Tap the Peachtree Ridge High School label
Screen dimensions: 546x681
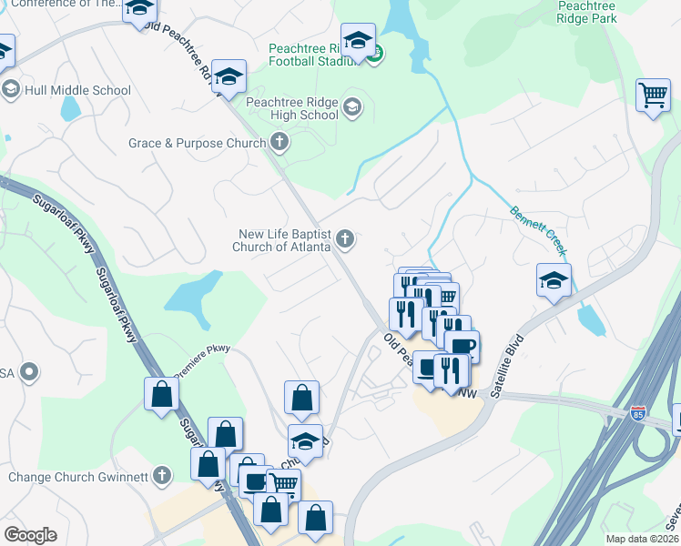coord(292,108)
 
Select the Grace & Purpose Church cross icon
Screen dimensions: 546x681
coord(280,143)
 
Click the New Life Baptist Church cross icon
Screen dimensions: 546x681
coord(344,239)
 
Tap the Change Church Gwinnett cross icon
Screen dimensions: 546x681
coord(162,475)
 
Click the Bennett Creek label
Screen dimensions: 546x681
coord(539,230)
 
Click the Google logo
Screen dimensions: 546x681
coord(30,534)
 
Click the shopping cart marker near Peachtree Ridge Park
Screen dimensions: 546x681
coord(653,94)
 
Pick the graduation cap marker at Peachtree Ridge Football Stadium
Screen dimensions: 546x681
coord(359,41)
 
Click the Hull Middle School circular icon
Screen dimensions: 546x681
coord(11,89)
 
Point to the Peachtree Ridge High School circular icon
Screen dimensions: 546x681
coord(352,109)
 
